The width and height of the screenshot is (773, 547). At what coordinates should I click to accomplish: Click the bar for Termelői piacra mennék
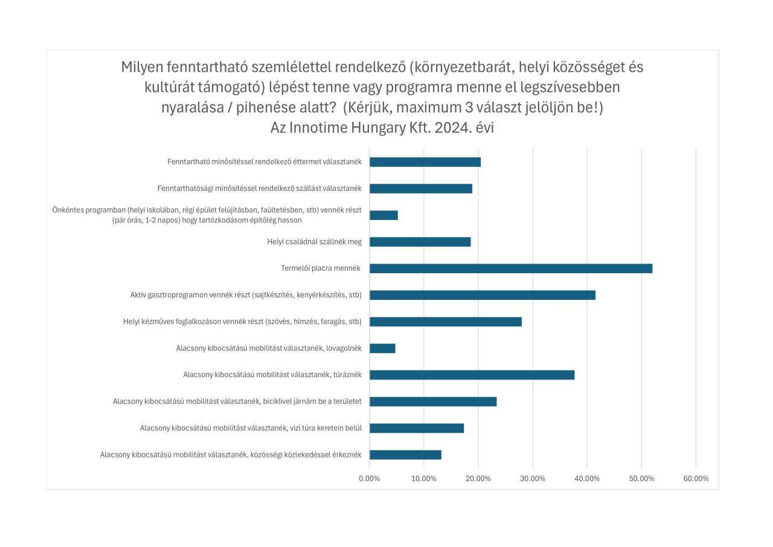[510, 268]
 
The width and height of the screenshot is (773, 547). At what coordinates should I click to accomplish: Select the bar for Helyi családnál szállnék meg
[420, 242]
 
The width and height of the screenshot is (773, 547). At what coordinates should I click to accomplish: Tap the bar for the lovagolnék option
[382, 348]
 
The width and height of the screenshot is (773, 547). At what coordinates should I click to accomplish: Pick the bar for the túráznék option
[472, 375]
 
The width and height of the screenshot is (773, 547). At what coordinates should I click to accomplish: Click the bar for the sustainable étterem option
[425, 162]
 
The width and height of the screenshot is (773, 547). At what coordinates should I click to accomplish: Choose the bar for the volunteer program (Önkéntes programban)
[383, 215]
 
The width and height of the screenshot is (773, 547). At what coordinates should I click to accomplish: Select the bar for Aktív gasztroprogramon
[482, 295]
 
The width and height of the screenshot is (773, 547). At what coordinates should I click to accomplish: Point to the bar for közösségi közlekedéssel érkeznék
[405, 455]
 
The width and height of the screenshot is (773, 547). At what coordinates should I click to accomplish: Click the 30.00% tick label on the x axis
[533, 479]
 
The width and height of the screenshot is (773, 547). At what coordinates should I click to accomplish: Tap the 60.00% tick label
[696, 479]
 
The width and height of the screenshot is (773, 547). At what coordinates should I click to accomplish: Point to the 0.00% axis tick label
[370, 479]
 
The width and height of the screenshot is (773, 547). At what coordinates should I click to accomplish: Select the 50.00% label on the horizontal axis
[641, 479]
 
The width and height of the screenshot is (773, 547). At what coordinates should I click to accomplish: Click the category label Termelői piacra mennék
[321, 268]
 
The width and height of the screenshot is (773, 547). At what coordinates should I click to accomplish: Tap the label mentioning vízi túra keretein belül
[251, 428]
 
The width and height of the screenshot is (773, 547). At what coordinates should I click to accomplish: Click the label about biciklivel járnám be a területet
[237, 401]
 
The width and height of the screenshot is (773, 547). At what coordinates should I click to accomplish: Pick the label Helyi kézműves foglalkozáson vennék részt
[242, 322]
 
